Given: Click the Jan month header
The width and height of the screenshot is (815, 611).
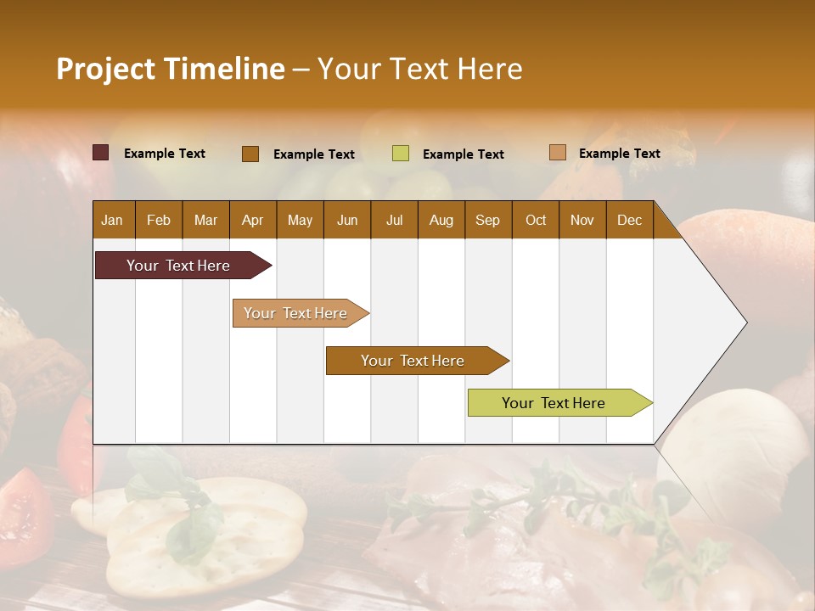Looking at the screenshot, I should tap(112, 220).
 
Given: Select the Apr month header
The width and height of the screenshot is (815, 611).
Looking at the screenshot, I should tap(252, 220).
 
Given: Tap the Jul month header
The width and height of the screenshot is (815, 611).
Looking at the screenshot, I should tap(394, 220).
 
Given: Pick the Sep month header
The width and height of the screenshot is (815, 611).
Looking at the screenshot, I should tap(487, 220).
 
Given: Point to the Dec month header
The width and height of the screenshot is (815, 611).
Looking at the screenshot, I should tap(629, 220).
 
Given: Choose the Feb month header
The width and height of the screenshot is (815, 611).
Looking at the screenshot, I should tap(159, 220).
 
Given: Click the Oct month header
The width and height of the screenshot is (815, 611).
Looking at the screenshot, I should tap(536, 220).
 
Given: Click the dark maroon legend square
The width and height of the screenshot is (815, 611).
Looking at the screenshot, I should tap(101, 153).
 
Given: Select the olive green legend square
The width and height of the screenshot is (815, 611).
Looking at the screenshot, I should tap(401, 154).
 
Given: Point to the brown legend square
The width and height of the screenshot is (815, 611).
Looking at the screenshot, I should tap(250, 154).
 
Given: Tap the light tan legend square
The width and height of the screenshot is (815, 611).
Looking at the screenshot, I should tap(558, 153).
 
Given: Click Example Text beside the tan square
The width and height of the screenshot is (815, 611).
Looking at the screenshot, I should tap(619, 154).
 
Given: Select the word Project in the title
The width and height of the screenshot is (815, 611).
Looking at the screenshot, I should tap(105, 69).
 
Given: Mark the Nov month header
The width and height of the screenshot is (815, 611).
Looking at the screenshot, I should tap(582, 220).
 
